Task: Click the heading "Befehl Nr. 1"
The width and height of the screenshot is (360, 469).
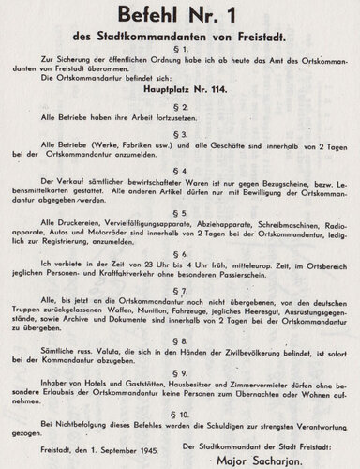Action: (x=180, y=17)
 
